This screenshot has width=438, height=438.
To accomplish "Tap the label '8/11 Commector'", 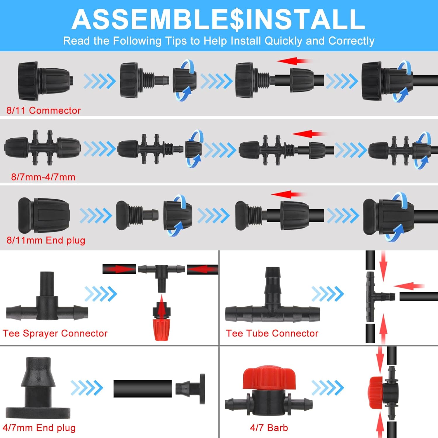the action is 44,110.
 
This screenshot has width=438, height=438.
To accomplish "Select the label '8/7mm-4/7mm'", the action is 43,177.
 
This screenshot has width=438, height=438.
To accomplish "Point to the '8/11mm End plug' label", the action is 46,240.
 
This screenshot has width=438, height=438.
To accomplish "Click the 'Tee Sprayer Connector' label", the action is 55,333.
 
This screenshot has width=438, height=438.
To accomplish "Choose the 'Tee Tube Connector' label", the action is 272,333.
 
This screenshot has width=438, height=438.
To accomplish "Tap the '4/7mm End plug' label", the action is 39,428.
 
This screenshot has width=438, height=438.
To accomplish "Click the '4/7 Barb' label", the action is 269,428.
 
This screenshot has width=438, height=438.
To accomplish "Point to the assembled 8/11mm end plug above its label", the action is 44,215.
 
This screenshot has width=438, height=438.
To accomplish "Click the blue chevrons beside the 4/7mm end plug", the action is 87,388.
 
